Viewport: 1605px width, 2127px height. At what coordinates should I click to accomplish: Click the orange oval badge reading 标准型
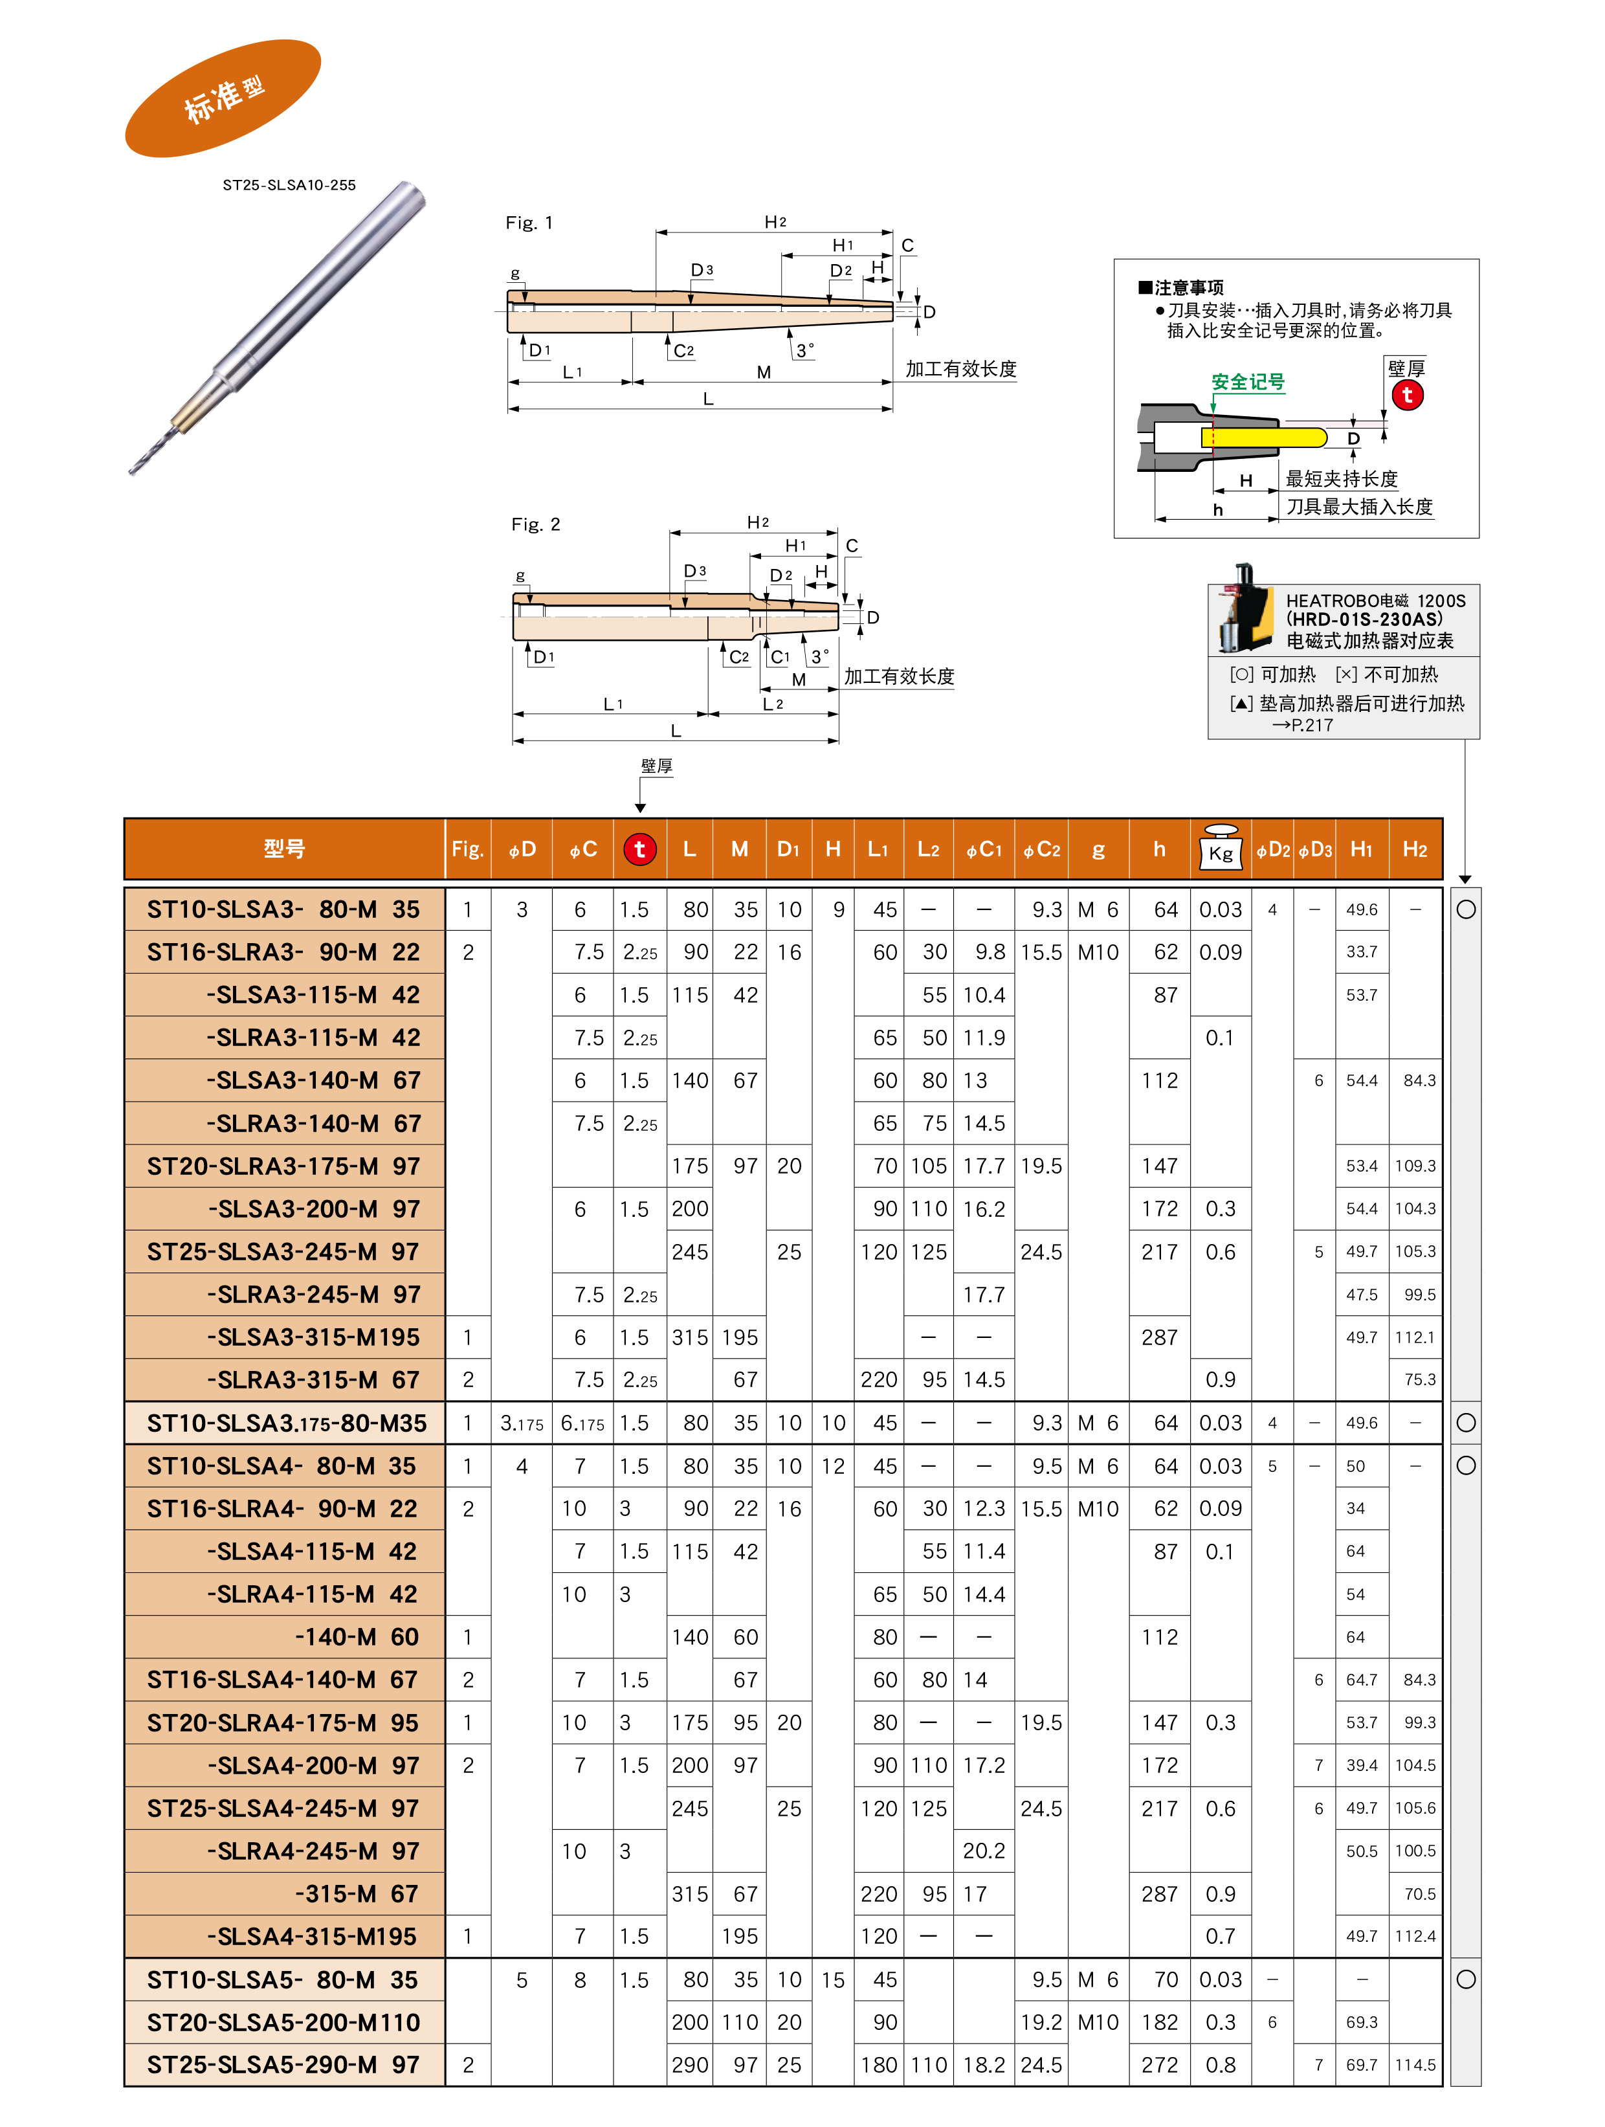click(223, 98)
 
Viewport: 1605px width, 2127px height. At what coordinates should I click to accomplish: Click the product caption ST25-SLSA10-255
click(289, 184)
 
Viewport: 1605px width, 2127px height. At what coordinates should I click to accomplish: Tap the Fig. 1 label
click(529, 223)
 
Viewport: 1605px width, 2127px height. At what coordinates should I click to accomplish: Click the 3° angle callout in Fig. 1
click(804, 350)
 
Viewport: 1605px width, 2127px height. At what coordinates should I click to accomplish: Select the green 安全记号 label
click(1247, 382)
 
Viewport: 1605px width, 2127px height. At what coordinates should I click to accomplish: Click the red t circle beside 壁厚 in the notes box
click(1407, 394)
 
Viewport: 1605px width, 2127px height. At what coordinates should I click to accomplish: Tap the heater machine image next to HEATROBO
click(1241, 608)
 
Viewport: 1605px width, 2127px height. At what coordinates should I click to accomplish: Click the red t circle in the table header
click(639, 849)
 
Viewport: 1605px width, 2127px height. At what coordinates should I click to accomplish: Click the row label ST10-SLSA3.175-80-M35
click(283, 1423)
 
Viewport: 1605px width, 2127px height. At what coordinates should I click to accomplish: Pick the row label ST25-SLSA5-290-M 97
click(283, 2064)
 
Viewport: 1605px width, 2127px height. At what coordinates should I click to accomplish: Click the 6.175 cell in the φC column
click(582, 1423)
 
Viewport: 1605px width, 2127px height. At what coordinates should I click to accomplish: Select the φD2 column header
click(1272, 849)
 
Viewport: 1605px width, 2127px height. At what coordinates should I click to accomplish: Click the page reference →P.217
click(1302, 725)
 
